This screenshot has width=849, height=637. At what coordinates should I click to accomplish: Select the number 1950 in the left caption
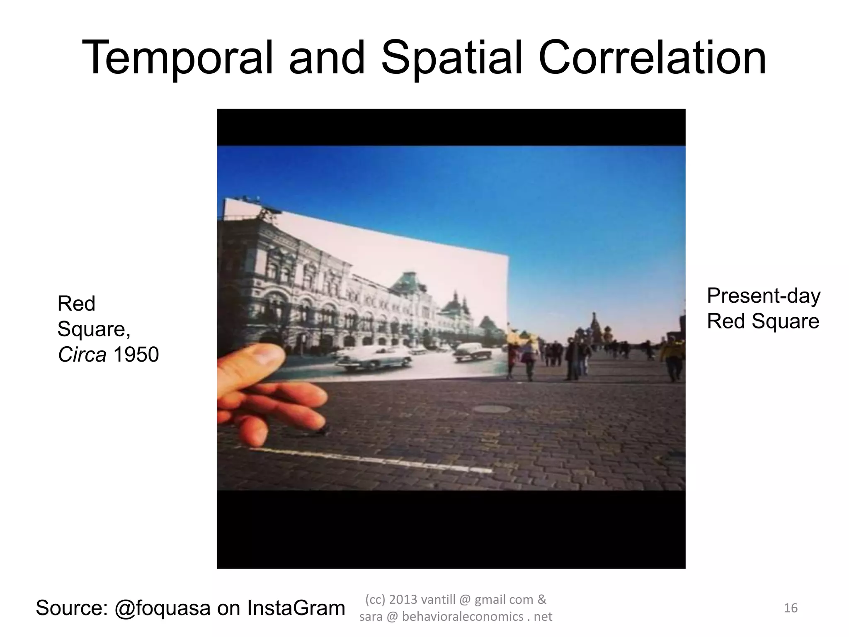click(x=136, y=355)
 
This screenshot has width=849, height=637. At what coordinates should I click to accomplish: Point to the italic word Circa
click(x=82, y=355)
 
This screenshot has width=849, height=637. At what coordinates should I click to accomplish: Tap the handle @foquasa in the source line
click(x=163, y=608)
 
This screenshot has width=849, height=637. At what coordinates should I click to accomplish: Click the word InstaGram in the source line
click(x=296, y=608)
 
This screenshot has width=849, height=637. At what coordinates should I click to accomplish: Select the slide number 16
click(x=791, y=608)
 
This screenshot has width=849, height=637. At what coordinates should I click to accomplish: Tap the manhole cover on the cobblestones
click(x=492, y=409)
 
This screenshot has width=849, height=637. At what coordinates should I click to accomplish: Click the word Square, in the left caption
click(x=94, y=329)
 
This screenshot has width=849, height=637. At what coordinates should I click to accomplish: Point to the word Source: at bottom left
click(x=72, y=608)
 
